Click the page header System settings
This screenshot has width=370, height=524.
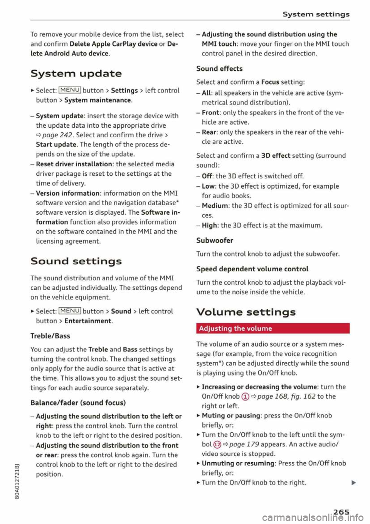[316, 14]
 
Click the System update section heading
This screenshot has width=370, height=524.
[76, 73]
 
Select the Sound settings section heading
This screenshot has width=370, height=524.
[76, 261]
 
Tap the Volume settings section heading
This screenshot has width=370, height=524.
[246, 312]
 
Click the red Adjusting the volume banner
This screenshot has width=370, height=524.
[272, 328]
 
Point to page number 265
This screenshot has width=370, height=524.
[341, 512]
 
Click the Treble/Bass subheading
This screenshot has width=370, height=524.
[50, 336]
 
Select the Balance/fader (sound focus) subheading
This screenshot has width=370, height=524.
[78, 402]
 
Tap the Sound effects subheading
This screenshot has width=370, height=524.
[219, 69]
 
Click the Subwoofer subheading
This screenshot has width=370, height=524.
[215, 240]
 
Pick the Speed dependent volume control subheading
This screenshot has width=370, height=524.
[252, 269]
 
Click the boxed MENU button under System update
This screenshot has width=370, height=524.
[70, 90]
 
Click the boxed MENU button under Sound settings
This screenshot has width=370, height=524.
[70, 311]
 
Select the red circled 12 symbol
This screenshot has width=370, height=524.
[217, 445]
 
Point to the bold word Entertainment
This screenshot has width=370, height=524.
[88, 321]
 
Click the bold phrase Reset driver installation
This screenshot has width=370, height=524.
[74, 164]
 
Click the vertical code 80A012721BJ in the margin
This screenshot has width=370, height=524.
[17, 482]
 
